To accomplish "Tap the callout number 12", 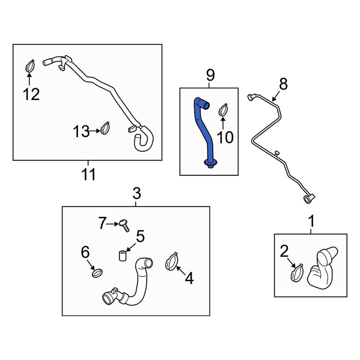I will click(x=31, y=94).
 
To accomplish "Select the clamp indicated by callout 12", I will click(x=30, y=66).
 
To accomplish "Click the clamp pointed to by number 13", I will click(x=105, y=128).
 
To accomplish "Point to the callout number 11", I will click(x=88, y=175).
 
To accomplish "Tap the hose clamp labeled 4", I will click(x=172, y=261).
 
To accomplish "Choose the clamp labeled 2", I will click(x=297, y=273).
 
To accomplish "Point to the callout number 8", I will click(x=283, y=84).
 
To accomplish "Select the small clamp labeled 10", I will click(x=223, y=109).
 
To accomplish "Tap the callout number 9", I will click(x=210, y=76).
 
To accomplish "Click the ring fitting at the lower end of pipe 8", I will click(x=308, y=198).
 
